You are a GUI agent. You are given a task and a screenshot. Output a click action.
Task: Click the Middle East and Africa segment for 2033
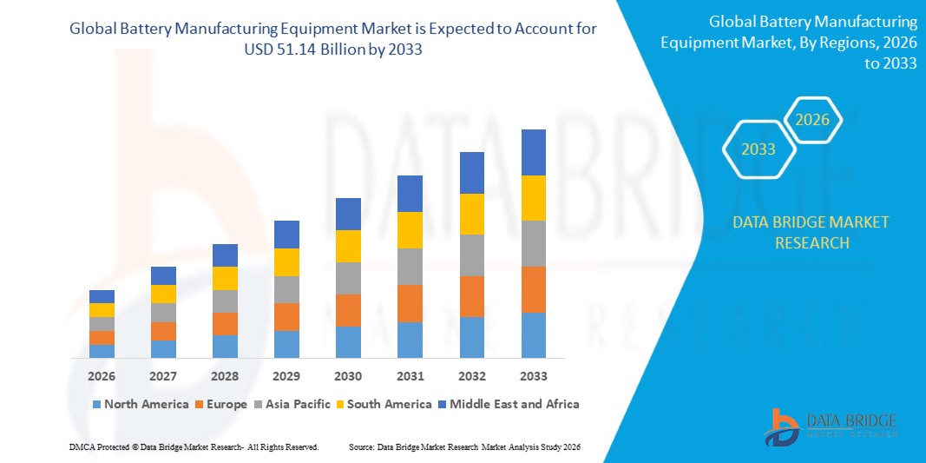tap(533, 152)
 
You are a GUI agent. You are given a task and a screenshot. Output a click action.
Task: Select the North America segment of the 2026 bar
tap(102, 351)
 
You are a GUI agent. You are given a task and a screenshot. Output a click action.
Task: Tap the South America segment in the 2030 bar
tap(348, 246)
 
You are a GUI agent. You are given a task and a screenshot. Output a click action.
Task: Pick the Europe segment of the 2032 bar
tap(471, 296)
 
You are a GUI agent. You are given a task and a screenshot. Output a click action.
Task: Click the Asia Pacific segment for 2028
tap(225, 301)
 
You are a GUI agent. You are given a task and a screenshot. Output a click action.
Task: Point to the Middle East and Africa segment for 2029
tap(286, 235)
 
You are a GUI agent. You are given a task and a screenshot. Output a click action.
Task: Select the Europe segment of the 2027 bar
tap(163, 331)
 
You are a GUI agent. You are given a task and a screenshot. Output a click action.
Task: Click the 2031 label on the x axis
tap(410, 376)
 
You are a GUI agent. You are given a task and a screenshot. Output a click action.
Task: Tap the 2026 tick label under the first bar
tap(102, 376)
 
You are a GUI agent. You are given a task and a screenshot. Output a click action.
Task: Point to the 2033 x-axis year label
tap(533, 376)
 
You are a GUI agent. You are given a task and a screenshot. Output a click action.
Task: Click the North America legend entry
tap(140, 404)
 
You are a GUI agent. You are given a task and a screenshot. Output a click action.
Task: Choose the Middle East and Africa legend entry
tap(507, 404)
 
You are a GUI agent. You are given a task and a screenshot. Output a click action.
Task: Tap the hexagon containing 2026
tap(812, 120)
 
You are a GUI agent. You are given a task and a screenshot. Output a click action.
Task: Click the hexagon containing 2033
tap(759, 149)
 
